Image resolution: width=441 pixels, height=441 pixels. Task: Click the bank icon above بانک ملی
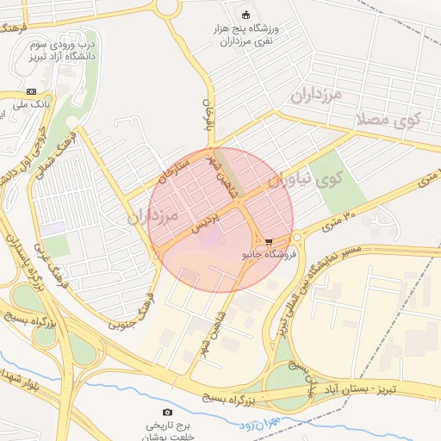(32, 91)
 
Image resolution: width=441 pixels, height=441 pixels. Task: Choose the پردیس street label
(206, 223)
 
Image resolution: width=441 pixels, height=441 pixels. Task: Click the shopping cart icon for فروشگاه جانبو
(270, 242)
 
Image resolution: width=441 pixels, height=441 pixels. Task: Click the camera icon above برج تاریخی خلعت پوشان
(167, 413)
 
